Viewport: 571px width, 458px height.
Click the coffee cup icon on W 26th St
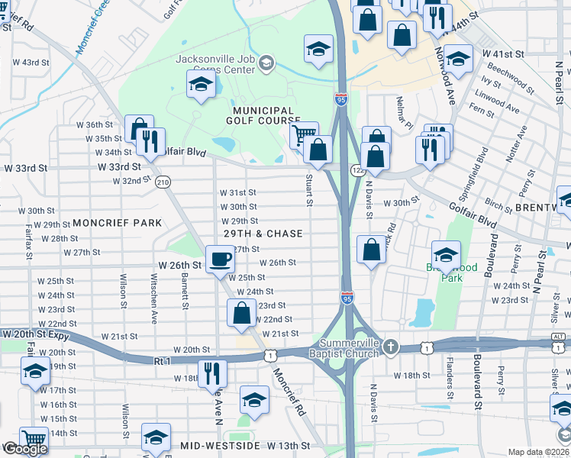click(220, 259)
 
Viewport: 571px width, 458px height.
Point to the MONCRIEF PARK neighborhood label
click(118, 223)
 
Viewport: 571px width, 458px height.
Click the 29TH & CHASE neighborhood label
click(263, 234)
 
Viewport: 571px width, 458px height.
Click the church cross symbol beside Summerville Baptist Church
click(392, 347)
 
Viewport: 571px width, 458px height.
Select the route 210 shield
click(162, 182)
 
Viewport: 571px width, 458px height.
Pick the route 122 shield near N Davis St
click(357, 170)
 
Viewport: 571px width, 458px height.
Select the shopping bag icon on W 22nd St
click(242, 312)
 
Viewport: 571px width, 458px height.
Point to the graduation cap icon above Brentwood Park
click(446, 255)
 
